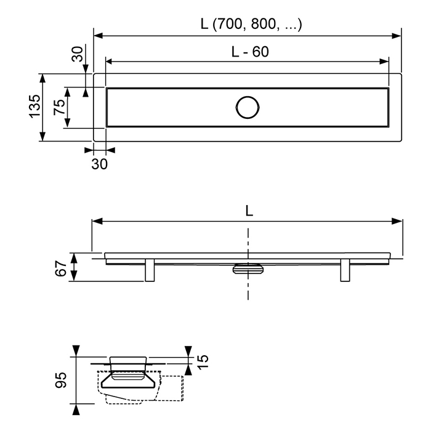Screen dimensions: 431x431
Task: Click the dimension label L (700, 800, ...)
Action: pos(251,24)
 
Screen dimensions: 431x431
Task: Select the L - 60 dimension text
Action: pos(250,52)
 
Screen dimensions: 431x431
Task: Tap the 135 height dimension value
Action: pos(35,107)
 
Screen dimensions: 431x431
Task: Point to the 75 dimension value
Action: pos(59,107)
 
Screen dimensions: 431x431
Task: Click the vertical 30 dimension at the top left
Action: pos(77,54)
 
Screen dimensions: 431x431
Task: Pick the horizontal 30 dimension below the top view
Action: pos(100,164)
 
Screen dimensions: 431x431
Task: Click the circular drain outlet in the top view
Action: pos(248,108)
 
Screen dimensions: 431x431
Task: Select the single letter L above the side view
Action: pos(249,211)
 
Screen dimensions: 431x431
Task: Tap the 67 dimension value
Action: pos(61,268)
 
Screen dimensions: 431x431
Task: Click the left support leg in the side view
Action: pos(150,270)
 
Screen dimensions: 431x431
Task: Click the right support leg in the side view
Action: pos(345,270)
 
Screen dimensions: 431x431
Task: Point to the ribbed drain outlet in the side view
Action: pos(248,268)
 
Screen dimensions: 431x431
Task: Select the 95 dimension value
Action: pos(61,380)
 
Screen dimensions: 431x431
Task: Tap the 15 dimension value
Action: pos(203,362)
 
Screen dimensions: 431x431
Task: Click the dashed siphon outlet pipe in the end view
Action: pos(171,388)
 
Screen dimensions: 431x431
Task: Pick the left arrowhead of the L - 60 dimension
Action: pos(110,62)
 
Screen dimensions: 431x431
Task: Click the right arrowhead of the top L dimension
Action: pos(396,36)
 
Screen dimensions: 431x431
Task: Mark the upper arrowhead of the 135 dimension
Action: pos(42,79)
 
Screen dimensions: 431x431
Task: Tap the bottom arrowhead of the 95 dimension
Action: pos(76,409)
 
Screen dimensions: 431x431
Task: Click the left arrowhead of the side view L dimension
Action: pos(97,221)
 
